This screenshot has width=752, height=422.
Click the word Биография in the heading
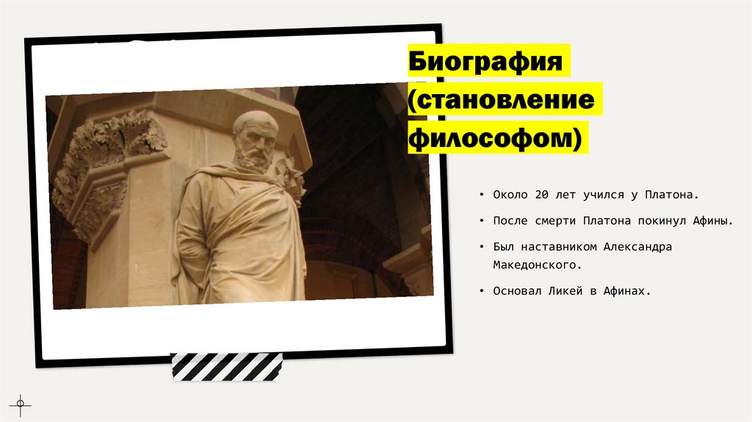(x=487, y=61)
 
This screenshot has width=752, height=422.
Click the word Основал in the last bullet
(x=514, y=291)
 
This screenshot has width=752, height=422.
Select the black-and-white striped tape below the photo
(x=226, y=367)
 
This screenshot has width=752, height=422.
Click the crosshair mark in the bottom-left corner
(x=20, y=404)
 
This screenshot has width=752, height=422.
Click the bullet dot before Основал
(x=480, y=291)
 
